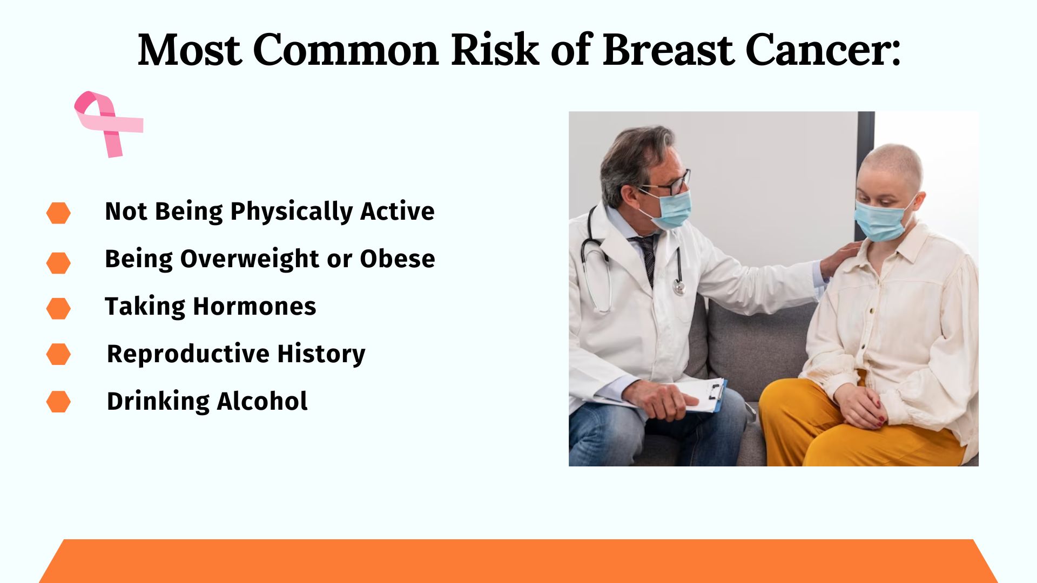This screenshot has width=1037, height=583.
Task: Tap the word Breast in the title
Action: [668, 50]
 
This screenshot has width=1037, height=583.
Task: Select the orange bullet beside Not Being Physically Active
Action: [58, 213]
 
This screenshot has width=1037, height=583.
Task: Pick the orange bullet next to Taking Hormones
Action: [58, 308]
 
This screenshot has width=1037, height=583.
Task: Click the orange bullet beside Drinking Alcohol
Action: [58, 402]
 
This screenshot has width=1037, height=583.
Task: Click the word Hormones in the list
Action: [254, 307]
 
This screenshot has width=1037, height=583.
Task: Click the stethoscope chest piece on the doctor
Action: [679, 287]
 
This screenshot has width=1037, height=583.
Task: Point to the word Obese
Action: [398, 259]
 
